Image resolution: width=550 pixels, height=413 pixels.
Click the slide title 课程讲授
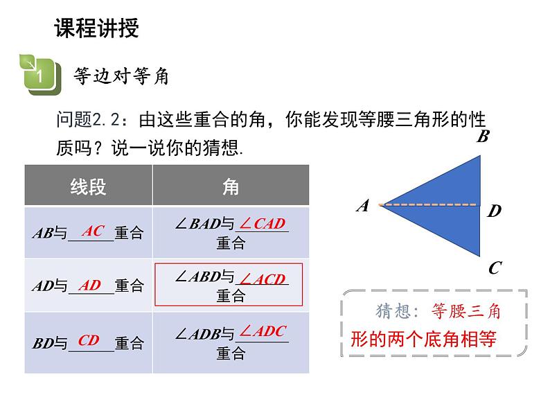[x=96, y=28]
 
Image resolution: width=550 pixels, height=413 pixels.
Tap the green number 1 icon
[x=39, y=74]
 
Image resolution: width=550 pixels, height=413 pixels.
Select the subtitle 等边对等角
[x=121, y=76]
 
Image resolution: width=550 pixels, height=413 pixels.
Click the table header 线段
[x=88, y=186]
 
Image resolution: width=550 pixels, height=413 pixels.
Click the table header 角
[x=231, y=186]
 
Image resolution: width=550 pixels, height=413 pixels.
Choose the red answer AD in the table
[x=90, y=285]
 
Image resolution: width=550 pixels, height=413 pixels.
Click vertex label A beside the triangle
[x=362, y=206]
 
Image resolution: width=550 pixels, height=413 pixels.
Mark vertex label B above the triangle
[x=483, y=137]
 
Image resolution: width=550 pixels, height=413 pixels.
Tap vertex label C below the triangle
[x=494, y=268]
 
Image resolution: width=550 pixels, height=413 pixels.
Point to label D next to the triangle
[x=494, y=211]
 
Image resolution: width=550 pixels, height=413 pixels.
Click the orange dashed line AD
[x=429, y=205]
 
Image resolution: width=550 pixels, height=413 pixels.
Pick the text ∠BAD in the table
[x=197, y=224]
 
